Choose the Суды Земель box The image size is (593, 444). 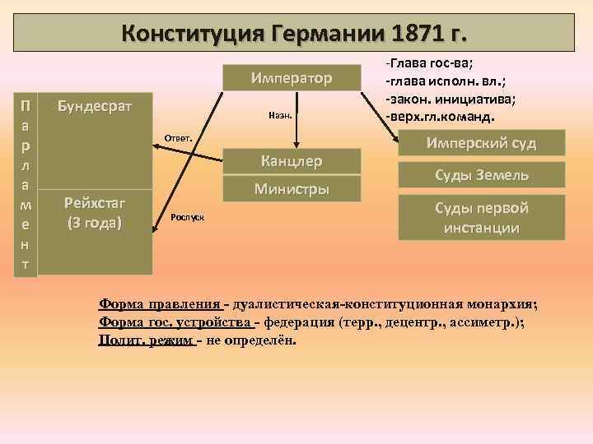point(482,174)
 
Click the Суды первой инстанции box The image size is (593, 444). point(482,217)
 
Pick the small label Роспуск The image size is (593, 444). point(189,218)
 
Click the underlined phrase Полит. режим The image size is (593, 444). point(145,340)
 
